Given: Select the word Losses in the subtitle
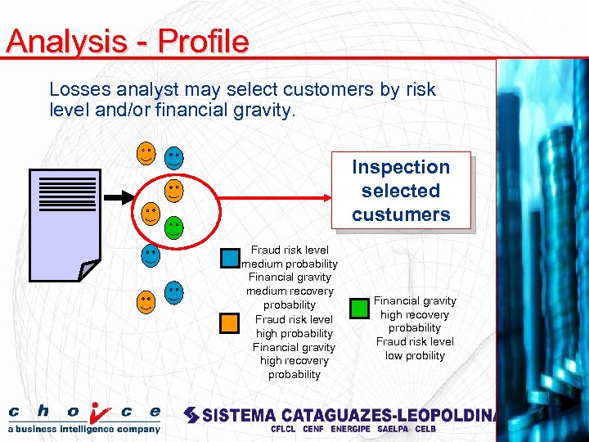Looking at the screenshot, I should tap(78, 89).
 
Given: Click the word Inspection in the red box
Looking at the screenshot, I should tap(401, 167).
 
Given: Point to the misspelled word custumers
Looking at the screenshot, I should tap(401, 214).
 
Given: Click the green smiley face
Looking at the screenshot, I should tap(173, 227).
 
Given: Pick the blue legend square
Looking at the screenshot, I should tap(230, 259).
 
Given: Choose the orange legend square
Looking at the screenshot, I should tap(230, 322).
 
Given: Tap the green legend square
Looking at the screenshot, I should tap(359, 309).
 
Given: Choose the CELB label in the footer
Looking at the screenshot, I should tap(425, 429).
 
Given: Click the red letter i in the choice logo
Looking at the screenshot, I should tap(99, 412).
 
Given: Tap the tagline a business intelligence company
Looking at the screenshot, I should tap(83, 429).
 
